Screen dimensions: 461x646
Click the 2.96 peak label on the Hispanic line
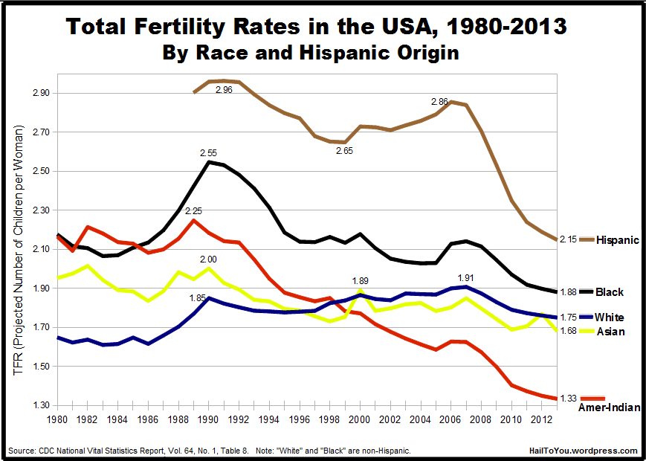(x=224, y=90)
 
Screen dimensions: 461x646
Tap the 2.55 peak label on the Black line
(x=209, y=152)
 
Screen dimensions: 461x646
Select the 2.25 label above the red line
(x=193, y=210)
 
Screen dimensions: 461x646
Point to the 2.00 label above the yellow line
(x=208, y=259)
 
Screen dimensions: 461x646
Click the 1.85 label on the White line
(x=198, y=298)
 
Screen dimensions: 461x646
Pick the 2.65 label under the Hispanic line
(x=344, y=151)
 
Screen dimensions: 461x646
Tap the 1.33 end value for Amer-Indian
(x=568, y=399)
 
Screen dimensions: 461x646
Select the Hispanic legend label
(x=618, y=240)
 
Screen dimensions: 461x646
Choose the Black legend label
(x=610, y=292)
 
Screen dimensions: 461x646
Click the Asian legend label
(x=610, y=332)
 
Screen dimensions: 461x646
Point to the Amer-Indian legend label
(x=609, y=407)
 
